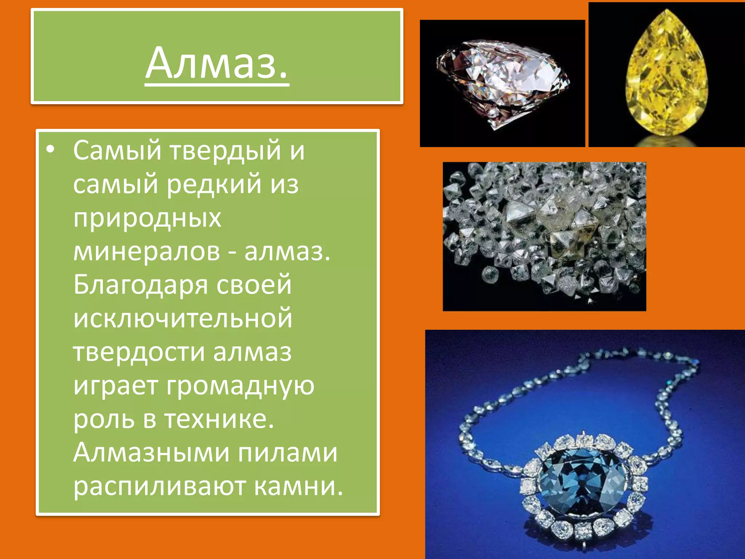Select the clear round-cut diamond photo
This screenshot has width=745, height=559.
pos(503,83)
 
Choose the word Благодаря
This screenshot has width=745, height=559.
pos(140,285)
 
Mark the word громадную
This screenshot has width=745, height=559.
pos(240,386)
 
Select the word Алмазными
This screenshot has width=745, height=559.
pos(151,453)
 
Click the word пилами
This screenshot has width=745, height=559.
pos(288,453)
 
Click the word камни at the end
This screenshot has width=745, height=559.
pos(298,487)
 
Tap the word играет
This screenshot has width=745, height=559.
pos(116,386)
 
